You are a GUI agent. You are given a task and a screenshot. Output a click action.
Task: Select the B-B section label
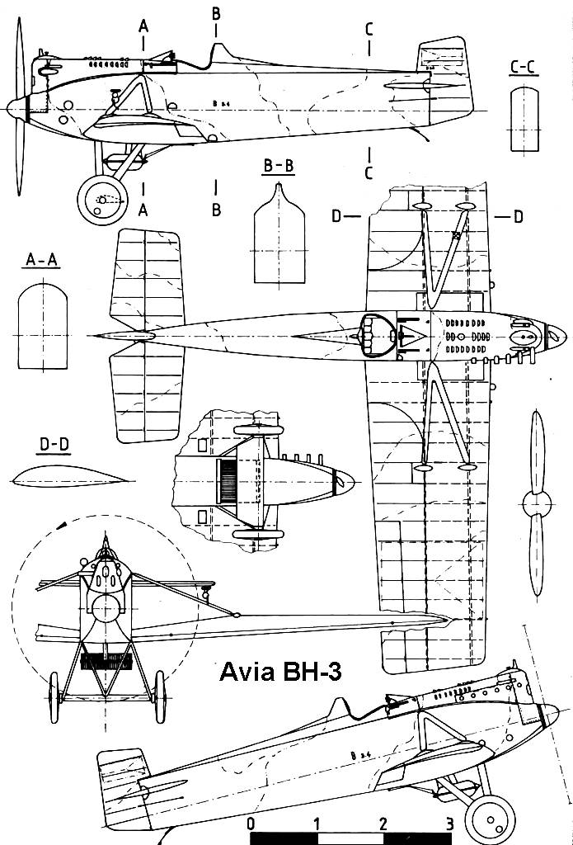[x=278, y=168]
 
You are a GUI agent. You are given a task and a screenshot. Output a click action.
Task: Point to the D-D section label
[x=54, y=446]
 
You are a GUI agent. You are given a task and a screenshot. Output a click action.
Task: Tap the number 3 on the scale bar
[x=449, y=824]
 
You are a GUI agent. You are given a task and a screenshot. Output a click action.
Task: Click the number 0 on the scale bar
[x=250, y=824]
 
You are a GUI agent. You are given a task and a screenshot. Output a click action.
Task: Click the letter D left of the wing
[x=336, y=216]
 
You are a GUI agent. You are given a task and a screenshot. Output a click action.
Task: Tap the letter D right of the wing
[x=518, y=216]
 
